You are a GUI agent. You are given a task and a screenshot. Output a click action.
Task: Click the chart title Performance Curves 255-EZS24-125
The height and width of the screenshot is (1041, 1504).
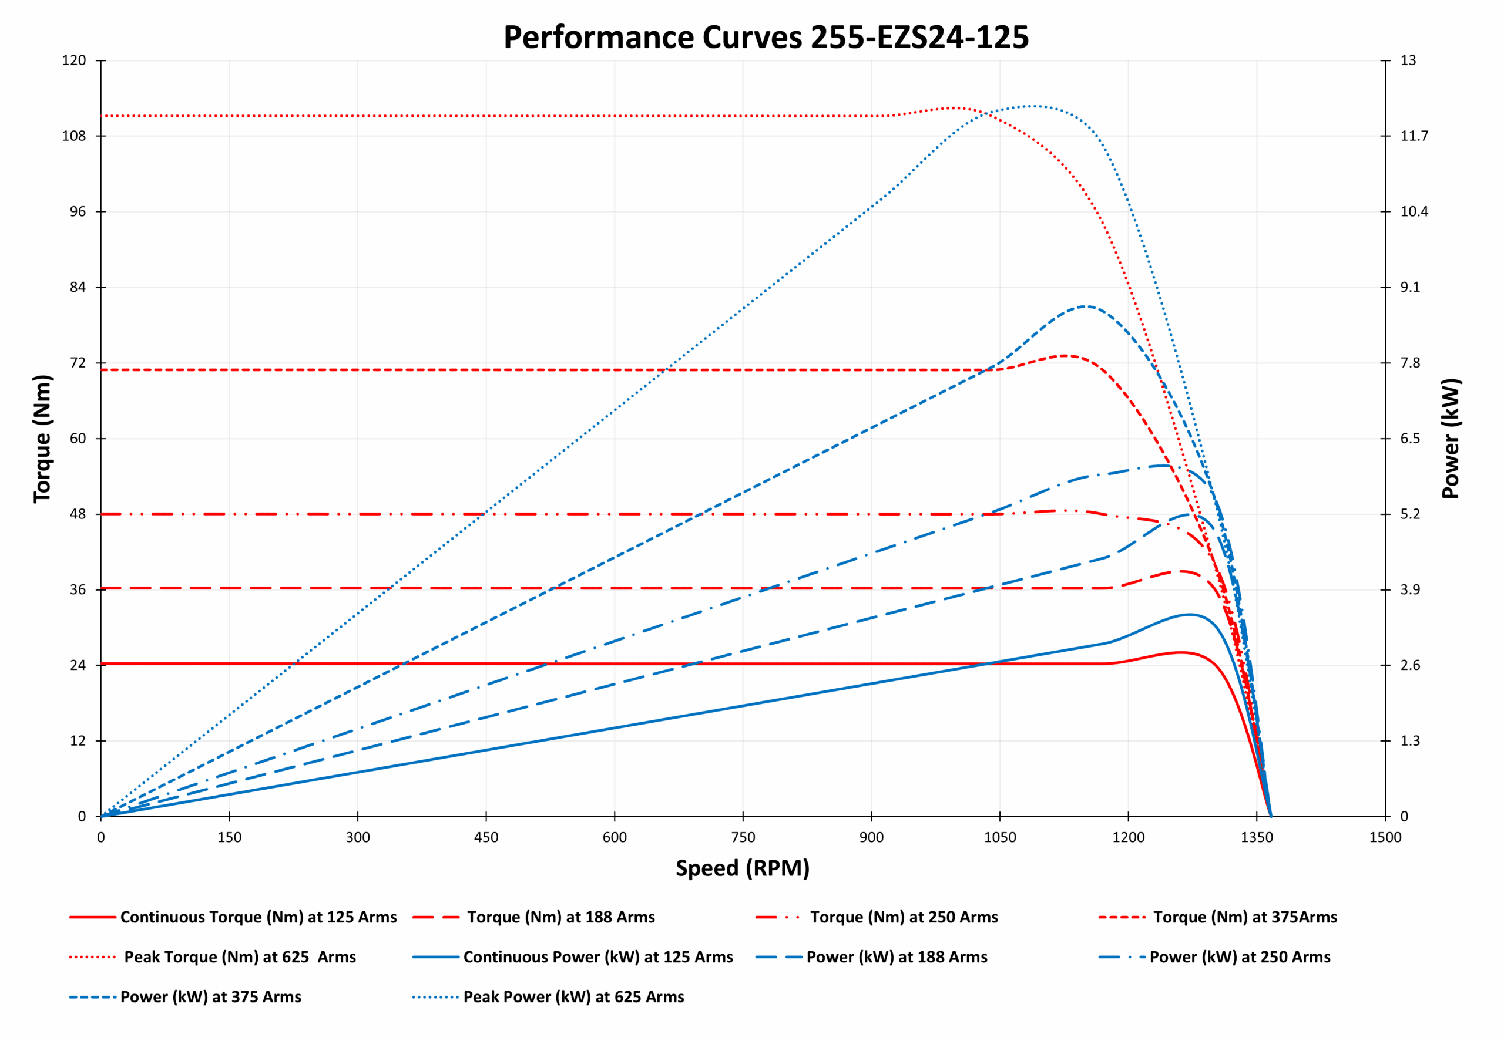click(766, 37)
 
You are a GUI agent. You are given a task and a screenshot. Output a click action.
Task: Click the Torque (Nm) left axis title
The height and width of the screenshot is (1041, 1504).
click(42, 439)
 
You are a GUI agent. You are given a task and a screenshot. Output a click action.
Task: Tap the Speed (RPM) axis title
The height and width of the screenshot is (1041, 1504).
click(742, 868)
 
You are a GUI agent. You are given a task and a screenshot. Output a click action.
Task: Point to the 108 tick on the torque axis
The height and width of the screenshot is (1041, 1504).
click(74, 136)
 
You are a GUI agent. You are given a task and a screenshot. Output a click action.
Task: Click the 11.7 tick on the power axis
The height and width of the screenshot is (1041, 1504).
click(1414, 136)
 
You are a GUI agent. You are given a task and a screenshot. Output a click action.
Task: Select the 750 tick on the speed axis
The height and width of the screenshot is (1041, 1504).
click(743, 837)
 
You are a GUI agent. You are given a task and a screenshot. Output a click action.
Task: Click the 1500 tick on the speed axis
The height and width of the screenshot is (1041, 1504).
click(1385, 837)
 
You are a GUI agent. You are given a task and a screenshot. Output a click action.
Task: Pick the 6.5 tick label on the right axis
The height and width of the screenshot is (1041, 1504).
click(1410, 439)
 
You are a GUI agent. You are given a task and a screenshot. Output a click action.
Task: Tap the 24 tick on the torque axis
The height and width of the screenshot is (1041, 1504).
click(78, 665)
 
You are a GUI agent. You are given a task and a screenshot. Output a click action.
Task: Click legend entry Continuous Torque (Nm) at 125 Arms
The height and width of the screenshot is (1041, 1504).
click(258, 917)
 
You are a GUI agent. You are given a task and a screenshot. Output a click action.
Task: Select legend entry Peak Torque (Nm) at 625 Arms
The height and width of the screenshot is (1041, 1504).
click(240, 957)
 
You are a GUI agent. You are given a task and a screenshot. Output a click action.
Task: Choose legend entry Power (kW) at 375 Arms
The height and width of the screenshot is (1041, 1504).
click(210, 996)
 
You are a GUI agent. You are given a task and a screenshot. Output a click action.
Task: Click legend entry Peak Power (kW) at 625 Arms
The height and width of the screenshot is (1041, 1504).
click(573, 996)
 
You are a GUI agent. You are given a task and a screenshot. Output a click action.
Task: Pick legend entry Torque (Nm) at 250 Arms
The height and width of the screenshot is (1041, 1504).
click(903, 917)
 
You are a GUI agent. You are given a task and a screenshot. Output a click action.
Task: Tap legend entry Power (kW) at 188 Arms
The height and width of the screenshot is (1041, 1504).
click(896, 957)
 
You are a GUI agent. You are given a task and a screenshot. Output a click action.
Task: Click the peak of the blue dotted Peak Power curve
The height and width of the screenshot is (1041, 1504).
click(1032, 106)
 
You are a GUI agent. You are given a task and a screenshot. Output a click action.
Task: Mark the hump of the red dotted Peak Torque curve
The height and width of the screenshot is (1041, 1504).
click(955, 108)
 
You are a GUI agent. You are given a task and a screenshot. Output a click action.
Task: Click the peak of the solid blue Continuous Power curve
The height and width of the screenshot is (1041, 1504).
click(1189, 614)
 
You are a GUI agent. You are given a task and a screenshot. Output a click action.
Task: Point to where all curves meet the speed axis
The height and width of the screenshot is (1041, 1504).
click(1270, 816)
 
